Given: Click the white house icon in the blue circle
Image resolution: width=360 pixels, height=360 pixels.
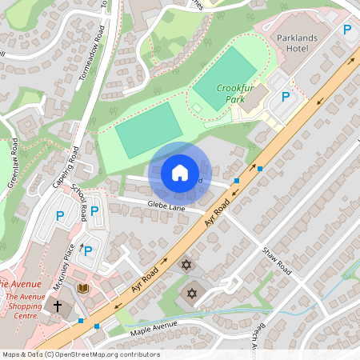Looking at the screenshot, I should [179, 172].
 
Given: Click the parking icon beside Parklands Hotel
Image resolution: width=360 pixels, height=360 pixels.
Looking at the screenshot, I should [347, 30].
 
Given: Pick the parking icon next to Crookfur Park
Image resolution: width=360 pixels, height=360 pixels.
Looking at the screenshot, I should [285, 97].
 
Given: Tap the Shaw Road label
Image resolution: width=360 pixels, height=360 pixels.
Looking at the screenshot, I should [278, 262].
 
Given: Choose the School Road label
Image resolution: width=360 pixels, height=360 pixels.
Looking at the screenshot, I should [79, 203].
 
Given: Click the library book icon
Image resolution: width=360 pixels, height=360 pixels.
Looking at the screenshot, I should [82, 288].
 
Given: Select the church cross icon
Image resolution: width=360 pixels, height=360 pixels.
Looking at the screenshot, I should [58, 306].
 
